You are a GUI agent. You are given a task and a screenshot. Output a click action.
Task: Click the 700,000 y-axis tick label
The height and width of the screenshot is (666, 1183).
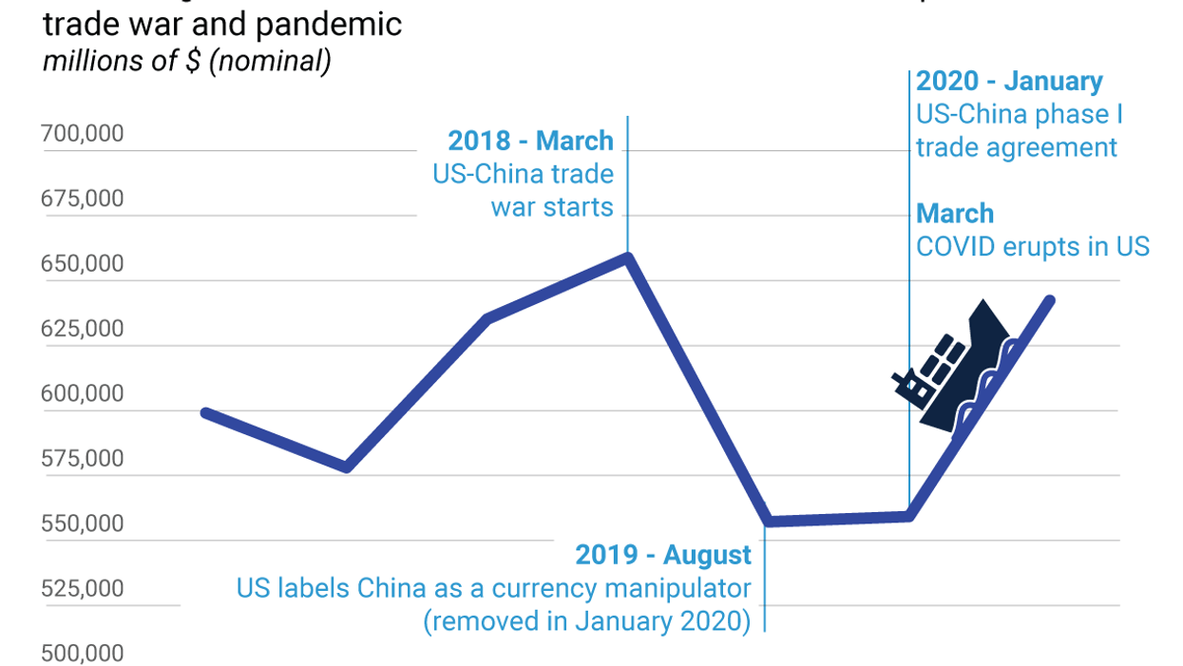(83, 134)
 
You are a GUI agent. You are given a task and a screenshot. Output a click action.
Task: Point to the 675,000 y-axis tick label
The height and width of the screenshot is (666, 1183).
(83, 199)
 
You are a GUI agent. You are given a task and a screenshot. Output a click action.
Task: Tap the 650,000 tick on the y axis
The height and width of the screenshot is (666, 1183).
(83, 263)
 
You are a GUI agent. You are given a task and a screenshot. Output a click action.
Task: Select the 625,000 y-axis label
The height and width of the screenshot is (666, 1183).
(83, 329)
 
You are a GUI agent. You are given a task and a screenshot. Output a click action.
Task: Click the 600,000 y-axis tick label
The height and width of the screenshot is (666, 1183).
(83, 393)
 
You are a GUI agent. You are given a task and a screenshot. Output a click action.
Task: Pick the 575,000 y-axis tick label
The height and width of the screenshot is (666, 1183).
(83, 459)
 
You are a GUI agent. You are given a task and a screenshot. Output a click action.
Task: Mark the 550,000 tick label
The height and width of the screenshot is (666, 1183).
(83, 523)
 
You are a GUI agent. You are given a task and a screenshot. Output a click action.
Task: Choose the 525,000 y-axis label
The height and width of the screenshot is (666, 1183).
(83, 589)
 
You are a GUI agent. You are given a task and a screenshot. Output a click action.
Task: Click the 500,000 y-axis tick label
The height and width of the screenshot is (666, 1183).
(83, 654)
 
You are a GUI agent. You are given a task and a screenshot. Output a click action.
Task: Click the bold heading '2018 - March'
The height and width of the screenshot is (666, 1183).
(530, 142)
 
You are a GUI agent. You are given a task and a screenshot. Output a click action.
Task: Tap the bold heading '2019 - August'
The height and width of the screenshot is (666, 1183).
(663, 555)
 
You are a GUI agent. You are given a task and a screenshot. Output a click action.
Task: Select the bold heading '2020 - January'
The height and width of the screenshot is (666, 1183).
(1009, 82)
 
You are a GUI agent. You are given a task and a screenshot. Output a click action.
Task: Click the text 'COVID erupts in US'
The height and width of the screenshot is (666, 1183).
(1033, 247)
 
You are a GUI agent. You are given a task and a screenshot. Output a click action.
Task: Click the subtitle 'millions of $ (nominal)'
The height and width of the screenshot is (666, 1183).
(187, 62)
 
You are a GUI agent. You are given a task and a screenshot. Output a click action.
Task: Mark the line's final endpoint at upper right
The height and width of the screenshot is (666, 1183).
(1050, 300)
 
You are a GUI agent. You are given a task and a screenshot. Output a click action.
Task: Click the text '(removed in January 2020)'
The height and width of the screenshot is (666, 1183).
(587, 621)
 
